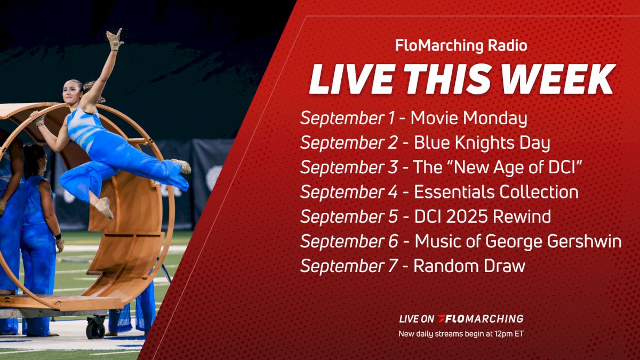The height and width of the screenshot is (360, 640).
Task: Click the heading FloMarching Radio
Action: pyautogui.click(x=461, y=46)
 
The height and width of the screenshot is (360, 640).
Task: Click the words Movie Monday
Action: pyautogui.click(x=469, y=118)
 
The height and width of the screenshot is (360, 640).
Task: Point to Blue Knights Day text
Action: pyautogui.click(x=482, y=143)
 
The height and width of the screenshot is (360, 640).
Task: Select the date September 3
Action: pyautogui.click(x=349, y=167)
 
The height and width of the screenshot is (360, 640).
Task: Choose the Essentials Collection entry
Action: pyautogui.click(x=496, y=192)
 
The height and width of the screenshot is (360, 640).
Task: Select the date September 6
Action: pyautogui.click(x=349, y=241)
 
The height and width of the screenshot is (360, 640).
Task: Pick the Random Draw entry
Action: pyautogui.click(x=469, y=266)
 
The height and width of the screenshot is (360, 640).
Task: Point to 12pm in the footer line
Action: pyautogui.click(x=497, y=334)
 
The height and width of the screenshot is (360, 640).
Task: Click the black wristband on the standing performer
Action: pyautogui.click(x=58, y=236)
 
